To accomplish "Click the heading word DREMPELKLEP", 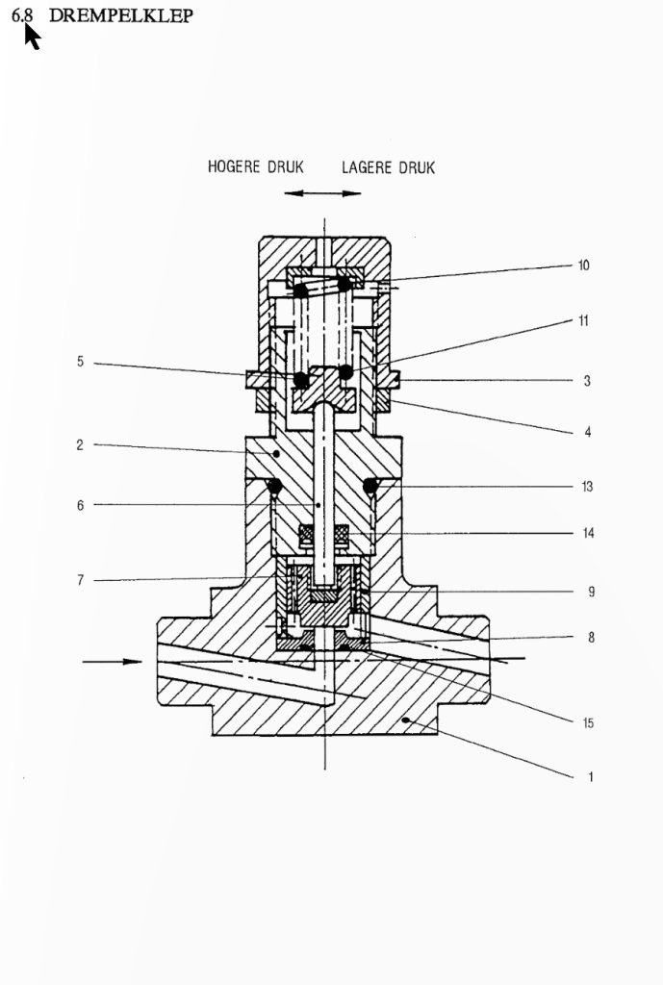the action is [x=120, y=15].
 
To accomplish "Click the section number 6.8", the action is [x=22, y=15].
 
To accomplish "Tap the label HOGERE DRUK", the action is [x=256, y=166].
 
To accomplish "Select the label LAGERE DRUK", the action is [x=389, y=167].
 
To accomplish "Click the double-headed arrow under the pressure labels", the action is [x=322, y=193].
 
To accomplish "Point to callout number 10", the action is [x=584, y=265].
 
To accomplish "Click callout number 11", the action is [x=584, y=321].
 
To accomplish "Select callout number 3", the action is [x=587, y=381].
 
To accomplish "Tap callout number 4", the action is [x=588, y=432].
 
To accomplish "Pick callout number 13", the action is [x=587, y=486].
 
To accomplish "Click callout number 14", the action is [x=588, y=533].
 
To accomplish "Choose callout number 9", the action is [x=591, y=592].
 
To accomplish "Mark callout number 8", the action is [x=591, y=638].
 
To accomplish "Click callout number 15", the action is [x=588, y=723].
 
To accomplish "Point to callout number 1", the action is [x=590, y=777].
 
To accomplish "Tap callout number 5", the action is [x=80, y=362].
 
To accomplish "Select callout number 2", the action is [x=80, y=444].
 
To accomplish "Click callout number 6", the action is [x=80, y=505].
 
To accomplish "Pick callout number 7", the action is [x=80, y=580].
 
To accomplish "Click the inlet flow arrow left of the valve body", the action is [x=113, y=662].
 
